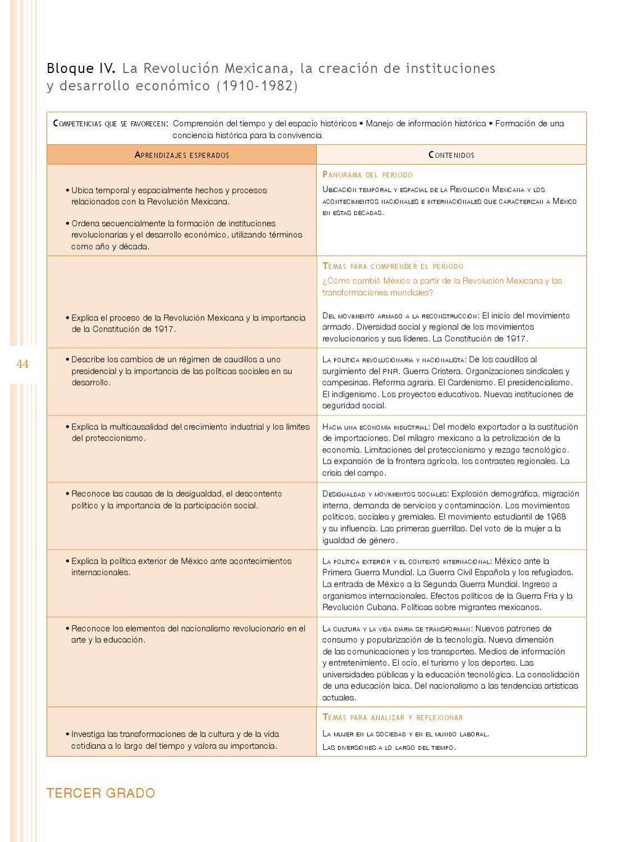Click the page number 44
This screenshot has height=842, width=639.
(x=22, y=364)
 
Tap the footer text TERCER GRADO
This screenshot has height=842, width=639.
(x=101, y=793)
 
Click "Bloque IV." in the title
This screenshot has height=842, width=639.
(x=81, y=68)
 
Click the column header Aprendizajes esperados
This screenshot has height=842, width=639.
(x=182, y=155)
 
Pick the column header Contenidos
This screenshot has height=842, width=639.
(x=451, y=155)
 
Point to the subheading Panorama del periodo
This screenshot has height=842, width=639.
(x=368, y=175)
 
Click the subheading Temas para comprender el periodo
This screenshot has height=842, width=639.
(x=393, y=267)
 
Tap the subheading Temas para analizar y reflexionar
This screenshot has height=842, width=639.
(x=393, y=717)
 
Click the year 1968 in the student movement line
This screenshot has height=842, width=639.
(x=555, y=517)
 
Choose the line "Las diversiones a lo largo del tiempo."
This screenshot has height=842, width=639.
(x=389, y=747)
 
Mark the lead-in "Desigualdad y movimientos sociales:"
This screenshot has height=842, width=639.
(x=385, y=494)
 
